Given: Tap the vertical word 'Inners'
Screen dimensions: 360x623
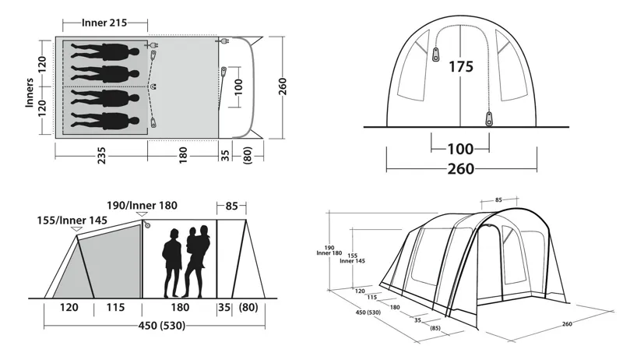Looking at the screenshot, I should click(x=30, y=93).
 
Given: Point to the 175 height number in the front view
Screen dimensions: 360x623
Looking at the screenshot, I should click(x=460, y=67).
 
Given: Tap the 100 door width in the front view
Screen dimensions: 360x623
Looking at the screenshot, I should click(x=460, y=148).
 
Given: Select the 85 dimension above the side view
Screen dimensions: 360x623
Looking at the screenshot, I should click(x=231, y=207).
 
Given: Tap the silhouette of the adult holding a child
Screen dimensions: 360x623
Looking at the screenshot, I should click(x=199, y=261).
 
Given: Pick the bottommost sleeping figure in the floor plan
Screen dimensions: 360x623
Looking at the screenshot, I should click(x=106, y=120).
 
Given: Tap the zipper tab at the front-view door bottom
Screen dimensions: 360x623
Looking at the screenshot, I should click(x=489, y=118).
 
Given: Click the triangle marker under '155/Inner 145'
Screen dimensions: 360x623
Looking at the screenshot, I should click(x=76, y=230).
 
